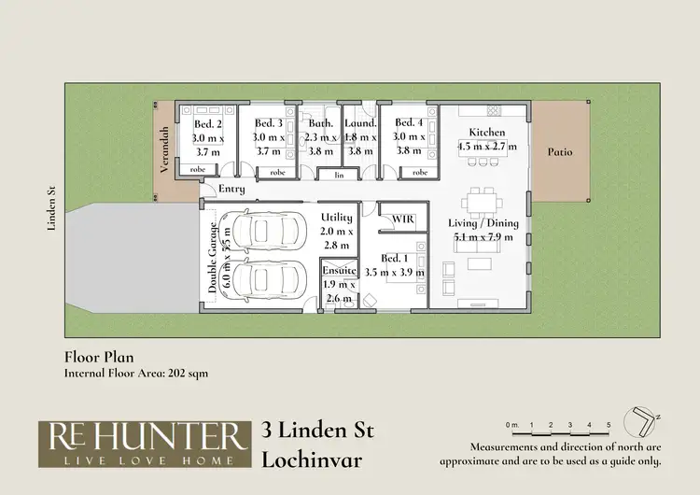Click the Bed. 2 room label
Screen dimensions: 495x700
pos(207,123)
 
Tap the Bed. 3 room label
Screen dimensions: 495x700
pos(268,123)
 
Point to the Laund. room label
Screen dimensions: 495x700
pos(360,123)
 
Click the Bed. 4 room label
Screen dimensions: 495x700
pos(410,122)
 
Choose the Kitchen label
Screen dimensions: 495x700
pos(486,133)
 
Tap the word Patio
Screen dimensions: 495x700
pos(560,151)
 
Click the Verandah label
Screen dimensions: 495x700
pos(164,149)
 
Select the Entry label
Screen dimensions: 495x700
pos(231,190)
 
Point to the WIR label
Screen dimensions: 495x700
pos(403,219)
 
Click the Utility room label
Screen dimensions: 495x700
pos(337,217)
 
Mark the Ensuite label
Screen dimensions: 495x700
pos(339,270)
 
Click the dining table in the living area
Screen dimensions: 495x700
pos(483,201)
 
